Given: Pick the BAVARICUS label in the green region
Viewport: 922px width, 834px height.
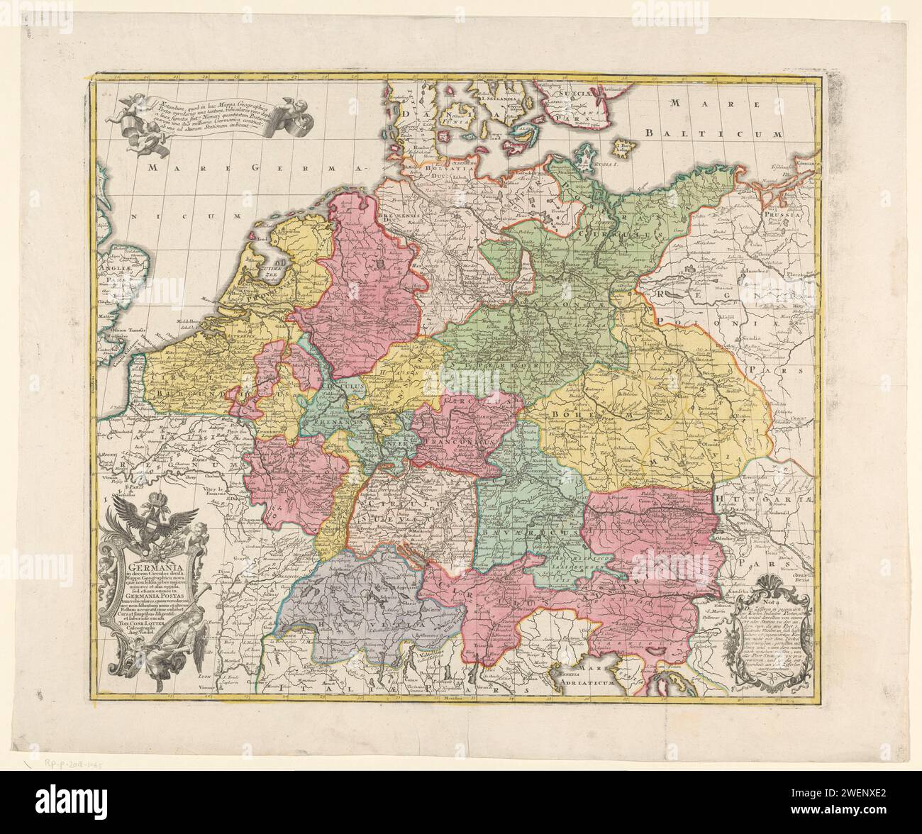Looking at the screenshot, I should pos(509,529).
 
